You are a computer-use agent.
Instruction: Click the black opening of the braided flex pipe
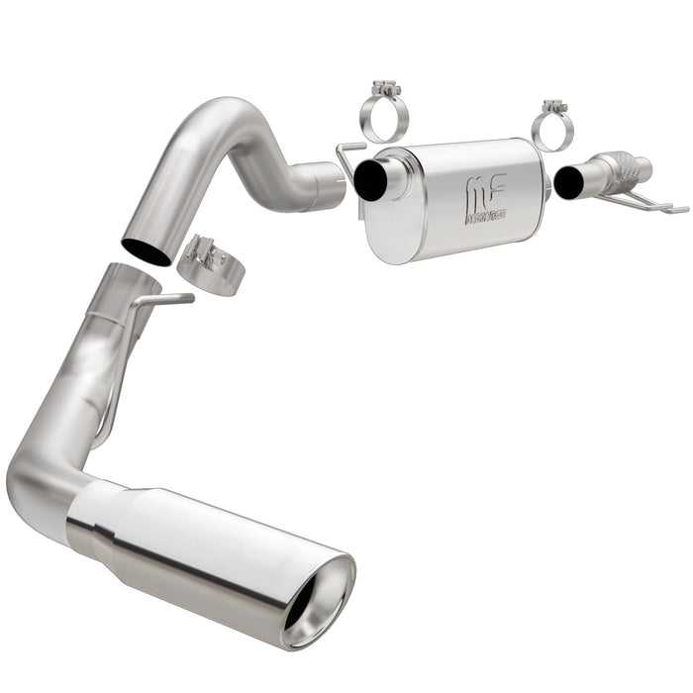(568, 181)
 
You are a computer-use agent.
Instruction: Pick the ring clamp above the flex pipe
(551, 129)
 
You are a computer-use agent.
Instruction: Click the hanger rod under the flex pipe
(643, 203)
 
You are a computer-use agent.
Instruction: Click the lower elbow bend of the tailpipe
(40, 475)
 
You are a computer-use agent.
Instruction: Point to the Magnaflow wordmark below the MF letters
(485, 215)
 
